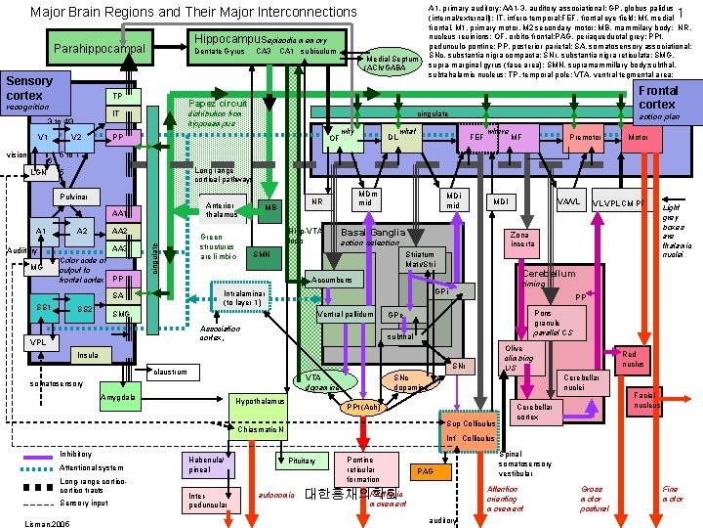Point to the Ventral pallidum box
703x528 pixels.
[346, 314]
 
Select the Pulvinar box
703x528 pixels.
[73, 198]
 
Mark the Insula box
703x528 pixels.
[87, 355]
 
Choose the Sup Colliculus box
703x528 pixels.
[472, 424]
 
